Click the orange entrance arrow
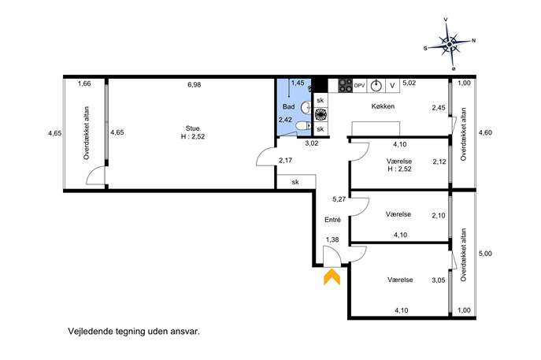point(332,276)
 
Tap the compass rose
point(449,44)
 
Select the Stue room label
point(192,128)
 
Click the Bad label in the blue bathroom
point(289,106)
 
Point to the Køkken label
point(383,106)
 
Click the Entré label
point(332,220)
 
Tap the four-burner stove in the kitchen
point(346,86)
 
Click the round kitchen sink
point(376,86)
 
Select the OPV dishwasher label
point(359,85)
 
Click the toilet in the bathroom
point(305,126)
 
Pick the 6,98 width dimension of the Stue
point(195,84)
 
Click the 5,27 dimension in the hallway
point(339,199)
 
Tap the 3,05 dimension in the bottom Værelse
point(439,280)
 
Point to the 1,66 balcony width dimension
point(84,84)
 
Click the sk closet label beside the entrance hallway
point(295,182)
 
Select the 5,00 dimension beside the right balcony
point(485,254)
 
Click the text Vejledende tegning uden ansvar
point(134,332)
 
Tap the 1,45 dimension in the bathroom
point(298,83)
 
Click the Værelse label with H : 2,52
point(399,165)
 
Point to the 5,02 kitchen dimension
point(409,83)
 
